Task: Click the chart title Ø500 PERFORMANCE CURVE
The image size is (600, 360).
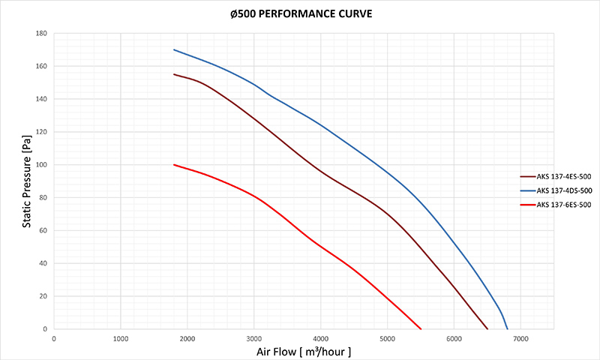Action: (x=300, y=13)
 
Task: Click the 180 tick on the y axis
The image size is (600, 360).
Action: (x=42, y=34)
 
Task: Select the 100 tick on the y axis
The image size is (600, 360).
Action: (x=42, y=165)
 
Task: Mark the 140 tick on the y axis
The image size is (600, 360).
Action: (x=42, y=99)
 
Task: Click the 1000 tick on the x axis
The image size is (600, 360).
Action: (x=121, y=338)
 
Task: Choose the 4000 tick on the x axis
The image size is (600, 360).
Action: (x=320, y=338)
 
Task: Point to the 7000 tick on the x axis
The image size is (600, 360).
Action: (x=520, y=338)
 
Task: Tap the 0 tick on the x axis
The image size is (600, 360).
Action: (x=54, y=338)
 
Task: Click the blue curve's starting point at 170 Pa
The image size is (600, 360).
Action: (x=174, y=49)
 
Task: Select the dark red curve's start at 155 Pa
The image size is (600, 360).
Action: (x=174, y=74)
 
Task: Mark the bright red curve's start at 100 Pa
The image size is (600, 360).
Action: (x=174, y=164)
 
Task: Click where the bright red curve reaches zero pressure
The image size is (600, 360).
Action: (x=421, y=328)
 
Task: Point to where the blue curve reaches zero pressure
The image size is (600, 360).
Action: (x=508, y=328)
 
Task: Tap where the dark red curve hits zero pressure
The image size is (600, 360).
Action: (x=487, y=328)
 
